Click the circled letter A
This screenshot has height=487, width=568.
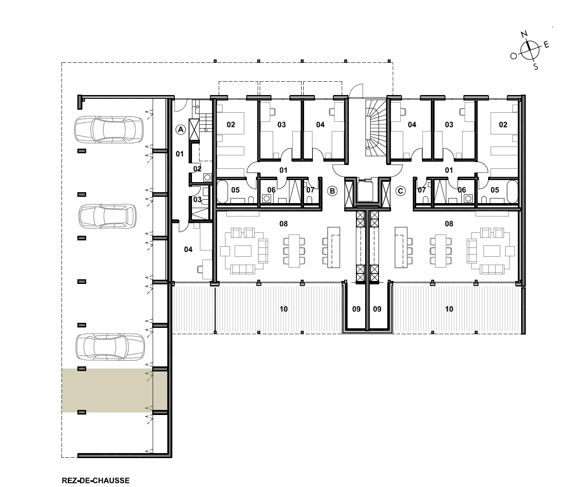click(x=181, y=129)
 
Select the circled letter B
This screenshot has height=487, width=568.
click(x=332, y=191)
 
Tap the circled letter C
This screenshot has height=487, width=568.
click(x=400, y=191)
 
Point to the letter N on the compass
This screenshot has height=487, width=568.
click(x=525, y=34)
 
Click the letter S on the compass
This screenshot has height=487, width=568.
click(x=535, y=67)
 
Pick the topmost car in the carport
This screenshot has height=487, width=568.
click(x=109, y=129)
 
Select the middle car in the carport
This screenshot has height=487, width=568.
click(x=107, y=216)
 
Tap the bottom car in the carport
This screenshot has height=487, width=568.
click(x=110, y=347)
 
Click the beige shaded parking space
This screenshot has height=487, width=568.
click(x=114, y=390)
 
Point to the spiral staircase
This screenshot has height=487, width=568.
click(x=376, y=128)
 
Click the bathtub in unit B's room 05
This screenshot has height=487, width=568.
click(x=223, y=191)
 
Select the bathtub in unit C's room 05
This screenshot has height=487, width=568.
click(x=512, y=191)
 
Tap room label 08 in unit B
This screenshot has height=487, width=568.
click(x=284, y=224)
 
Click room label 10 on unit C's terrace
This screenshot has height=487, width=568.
click(x=449, y=309)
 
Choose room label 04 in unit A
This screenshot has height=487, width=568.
click(x=188, y=250)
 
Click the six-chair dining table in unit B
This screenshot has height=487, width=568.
click(x=294, y=251)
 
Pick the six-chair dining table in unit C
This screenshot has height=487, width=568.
click(x=441, y=251)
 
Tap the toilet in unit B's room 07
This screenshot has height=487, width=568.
click(x=310, y=200)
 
